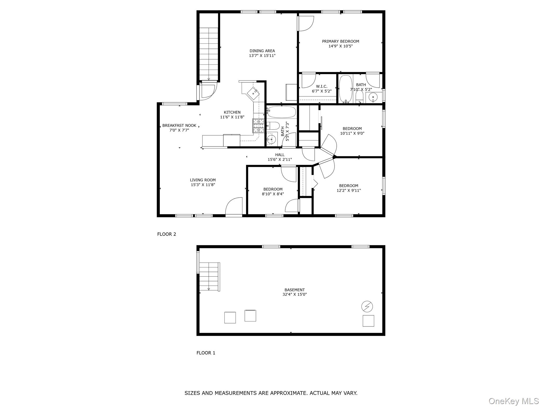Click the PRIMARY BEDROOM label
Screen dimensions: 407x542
pyautogui.click(x=340, y=41)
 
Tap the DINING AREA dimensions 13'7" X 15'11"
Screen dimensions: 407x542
pyautogui.click(x=262, y=56)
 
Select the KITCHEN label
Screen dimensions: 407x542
pyautogui.click(x=232, y=112)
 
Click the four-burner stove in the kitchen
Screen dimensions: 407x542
pyautogui.click(x=259, y=126)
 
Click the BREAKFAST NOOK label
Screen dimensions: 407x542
pyautogui.click(x=179, y=126)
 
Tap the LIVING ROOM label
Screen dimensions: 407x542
pyautogui.click(x=203, y=180)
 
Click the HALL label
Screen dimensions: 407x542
pyautogui.click(x=280, y=155)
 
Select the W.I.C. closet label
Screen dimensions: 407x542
pyautogui.click(x=322, y=86)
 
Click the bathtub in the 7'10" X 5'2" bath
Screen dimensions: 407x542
pyautogui.click(x=346, y=89)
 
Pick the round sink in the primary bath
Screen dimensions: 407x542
pyautogui.click(x=373, y=98)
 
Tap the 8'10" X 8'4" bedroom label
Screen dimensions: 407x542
pyautogui.click(x=273, y=189)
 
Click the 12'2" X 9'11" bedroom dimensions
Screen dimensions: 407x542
pyautogui.click(x=349, y=190)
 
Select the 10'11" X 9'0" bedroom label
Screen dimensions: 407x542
pyautogui.click(x=352, y=129)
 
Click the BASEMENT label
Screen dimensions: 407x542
pyautogui.click(x=295, y=290)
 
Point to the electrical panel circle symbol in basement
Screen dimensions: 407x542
pyautogui.click(x=367, y=307)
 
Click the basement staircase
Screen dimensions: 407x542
pyautogui.click(x=209, y=277)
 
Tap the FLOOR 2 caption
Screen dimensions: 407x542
pyautogui.click(x=166, y=234)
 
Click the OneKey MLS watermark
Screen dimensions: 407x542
pyautogui.click(x=514, y=401)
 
